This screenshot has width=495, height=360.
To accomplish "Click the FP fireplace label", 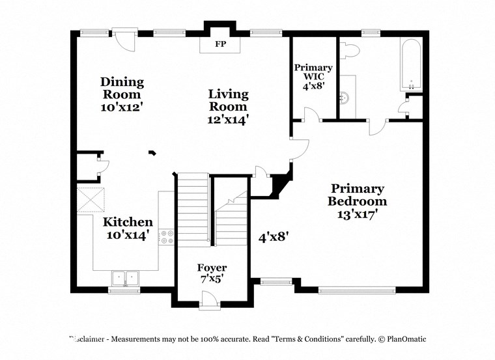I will [219, 45].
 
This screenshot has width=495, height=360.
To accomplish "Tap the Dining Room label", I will [122, 88].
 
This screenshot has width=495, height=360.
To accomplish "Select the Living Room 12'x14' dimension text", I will [228, 120].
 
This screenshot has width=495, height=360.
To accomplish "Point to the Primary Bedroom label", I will [356, 195].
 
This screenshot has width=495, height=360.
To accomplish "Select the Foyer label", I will [212, 268].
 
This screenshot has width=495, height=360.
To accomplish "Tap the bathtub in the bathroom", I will [411, 65].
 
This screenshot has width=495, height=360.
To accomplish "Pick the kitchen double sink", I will [124, 279].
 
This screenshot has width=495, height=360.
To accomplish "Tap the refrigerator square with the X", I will [91, 199].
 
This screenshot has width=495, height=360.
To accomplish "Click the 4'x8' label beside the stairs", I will [273, 237].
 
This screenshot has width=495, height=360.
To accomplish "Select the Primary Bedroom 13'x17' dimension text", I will [358, 214].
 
